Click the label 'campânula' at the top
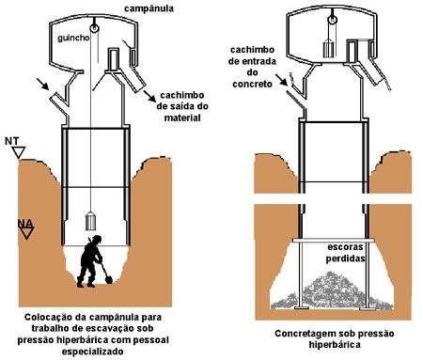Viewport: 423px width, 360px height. [x=149, y=8]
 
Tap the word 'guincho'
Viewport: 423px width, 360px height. [x=73, y=38]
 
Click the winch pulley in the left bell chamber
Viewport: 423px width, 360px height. [x=94, y=28]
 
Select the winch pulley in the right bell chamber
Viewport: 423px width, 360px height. [x=332, y=20]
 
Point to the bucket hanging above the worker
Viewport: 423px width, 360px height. [x=91, y=221]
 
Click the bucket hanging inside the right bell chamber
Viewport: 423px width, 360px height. [x=328, y=48]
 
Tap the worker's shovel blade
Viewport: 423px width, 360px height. [x=108, y=279]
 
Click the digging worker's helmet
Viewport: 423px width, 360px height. [x=97, y=239]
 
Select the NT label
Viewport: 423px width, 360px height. [x=12, y=141]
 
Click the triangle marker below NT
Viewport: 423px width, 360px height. [x=19, y=152]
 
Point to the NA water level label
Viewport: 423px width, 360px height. [x=25, y=224]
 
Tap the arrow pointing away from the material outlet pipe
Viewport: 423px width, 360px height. [x=149, y=96]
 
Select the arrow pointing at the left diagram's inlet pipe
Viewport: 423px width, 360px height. [x=43, y=84]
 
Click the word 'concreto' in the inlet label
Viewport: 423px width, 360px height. [x=252, y=84]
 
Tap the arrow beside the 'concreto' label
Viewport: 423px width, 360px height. [x=281, y=80]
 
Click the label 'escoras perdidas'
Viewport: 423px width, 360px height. [x=346, y=253]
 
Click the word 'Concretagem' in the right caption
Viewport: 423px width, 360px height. [x=305, y=334]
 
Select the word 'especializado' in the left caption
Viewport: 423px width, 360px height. [x=92, y=352]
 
